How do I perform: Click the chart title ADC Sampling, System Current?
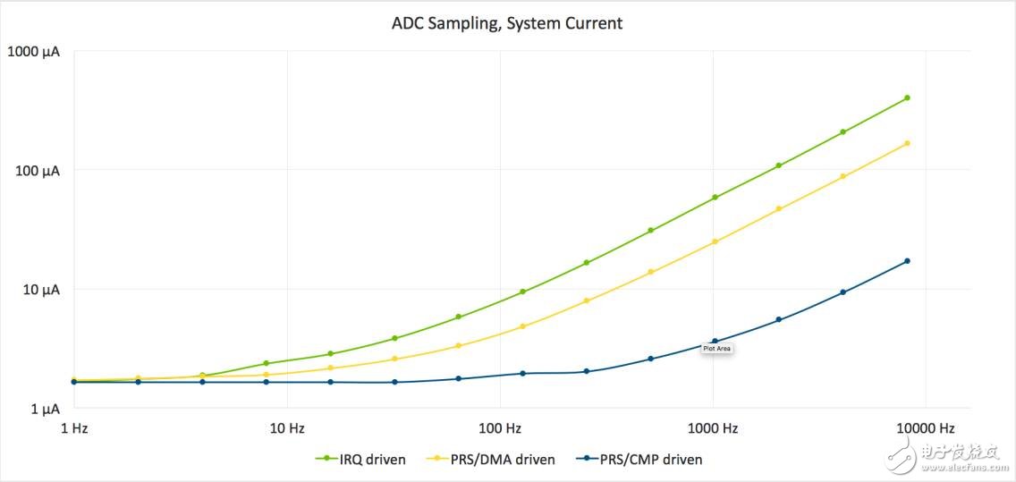pyautogui.click(x=507, y=23)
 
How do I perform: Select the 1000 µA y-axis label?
pyautogui.click(x=34, y=51)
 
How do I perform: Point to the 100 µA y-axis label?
pyautogui.click(x=38, y=170)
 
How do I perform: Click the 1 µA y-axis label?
pyautogui.click(x=44, y=409)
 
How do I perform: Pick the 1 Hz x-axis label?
pyautogui.click(x=74, y=427)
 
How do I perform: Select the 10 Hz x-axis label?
pyautogui.click(x=287, y=427)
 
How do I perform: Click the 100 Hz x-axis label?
pyautogui.click(x=500, y=427)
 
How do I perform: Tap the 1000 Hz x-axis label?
pyautogui.click(x=713, y=427)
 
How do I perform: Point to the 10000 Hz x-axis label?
pyautogui.click(x=926, y=427)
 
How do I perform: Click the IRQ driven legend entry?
pyautogui.click(x=360, y=460)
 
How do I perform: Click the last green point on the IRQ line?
pyautogui.click(x=907, y=97)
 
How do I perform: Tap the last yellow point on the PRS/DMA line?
pyautogui.click(x=907, y=143)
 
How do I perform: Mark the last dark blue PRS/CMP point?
pyautogui.click(x=907, y=261)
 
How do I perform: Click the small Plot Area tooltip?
pyautogui.click(x=717, y=349)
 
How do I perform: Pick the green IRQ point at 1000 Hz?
pyautogui.click(x=715, y=198)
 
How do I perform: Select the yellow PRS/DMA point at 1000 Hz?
pyautogui.click(x=715, y=241)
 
